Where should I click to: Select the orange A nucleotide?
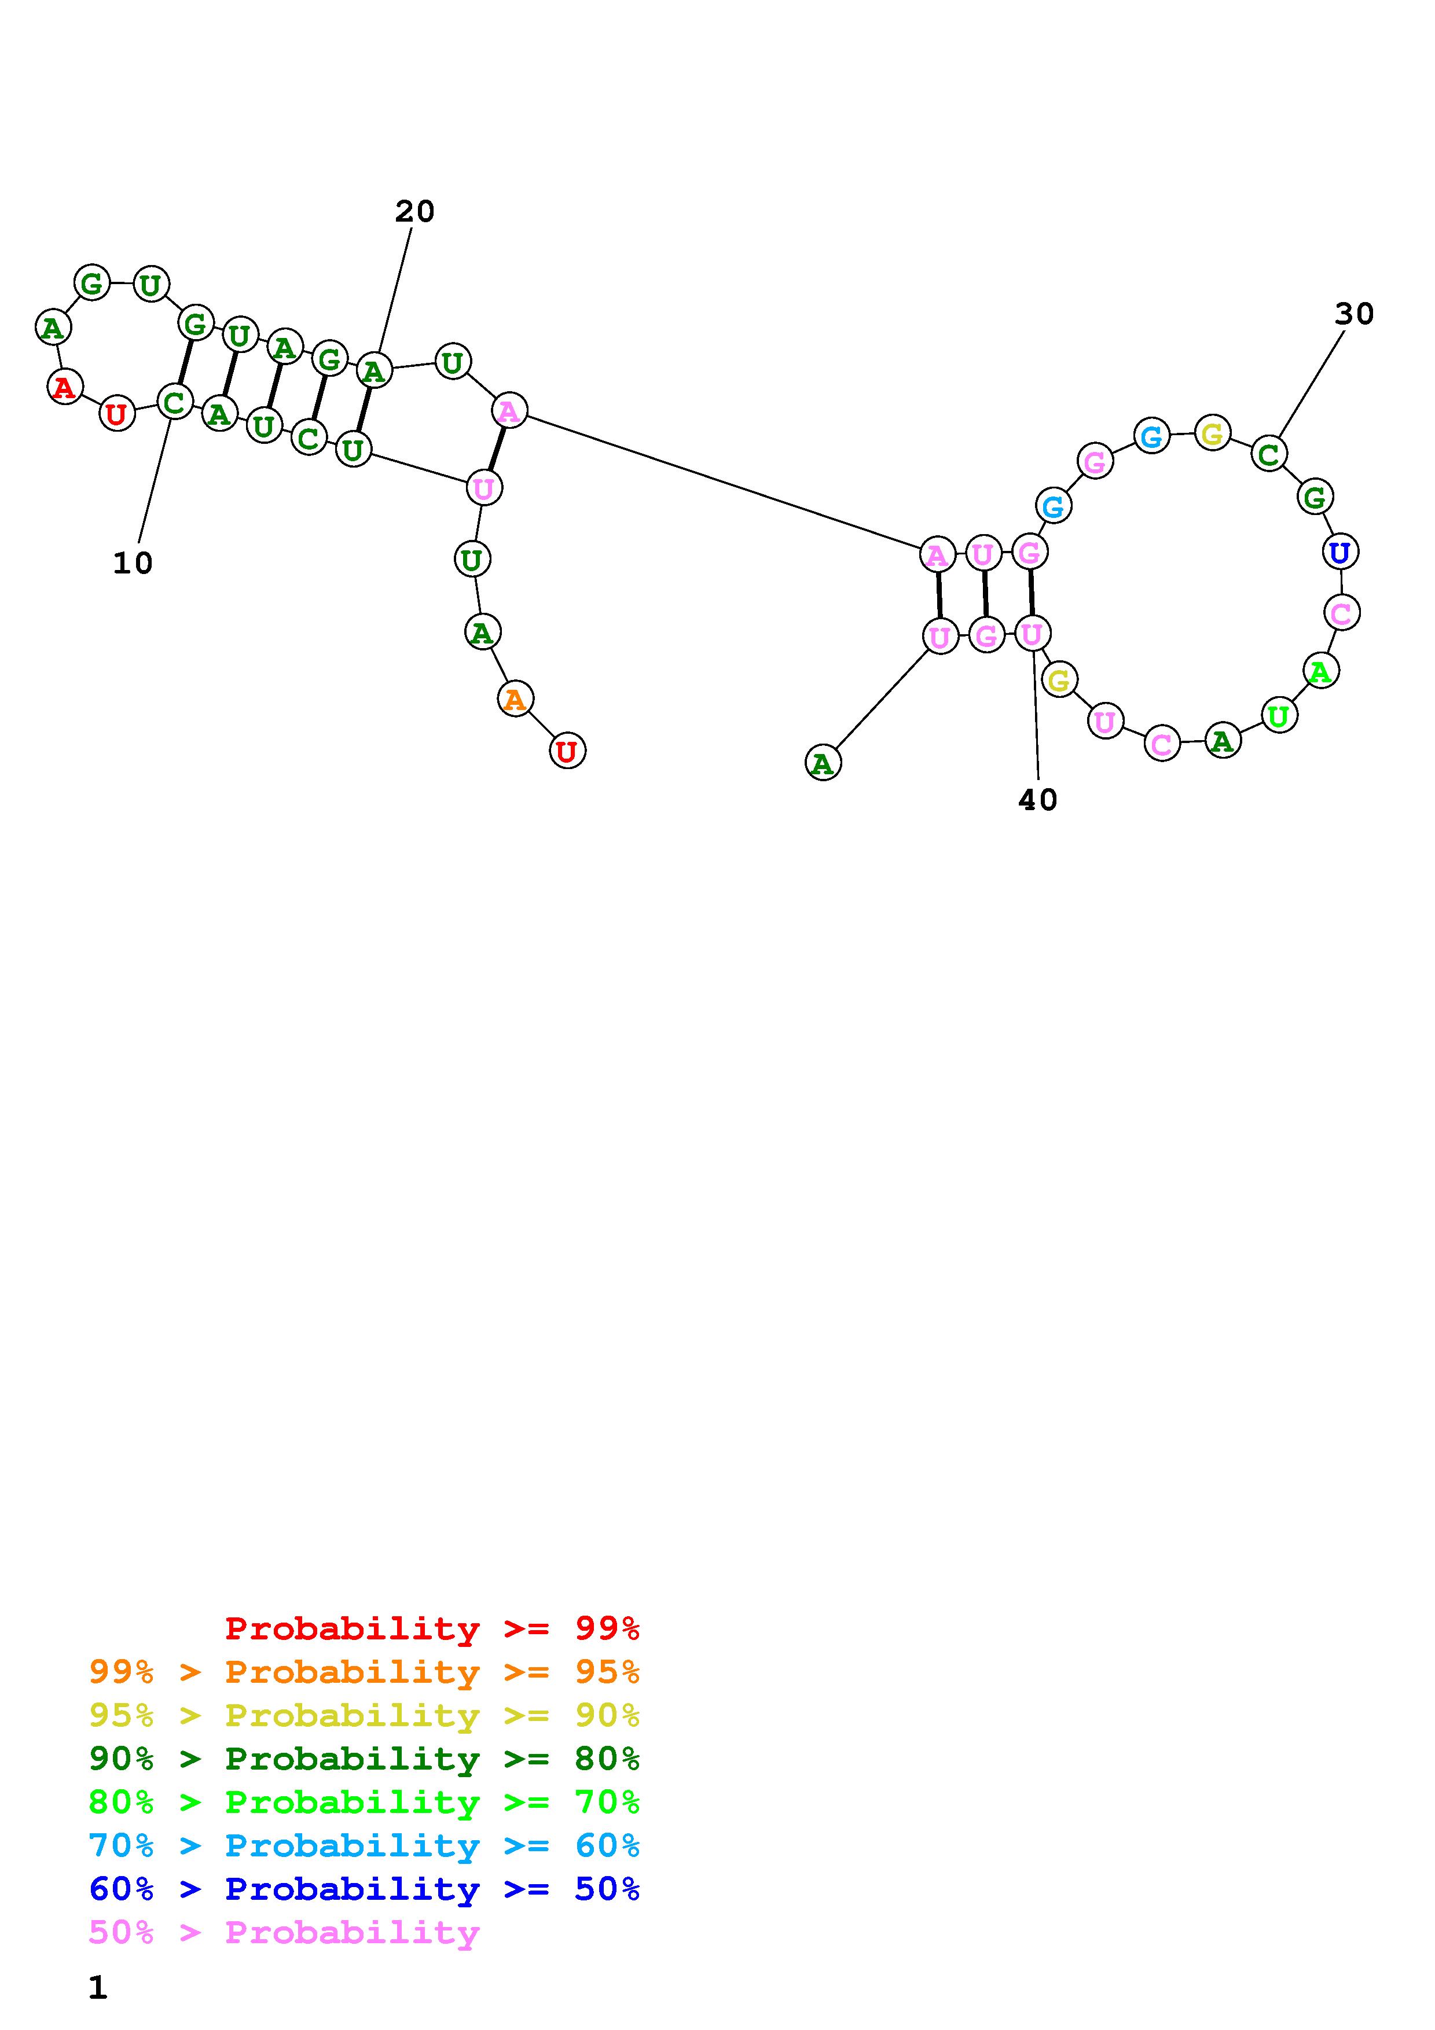pyautogui.click(x=515, y=700)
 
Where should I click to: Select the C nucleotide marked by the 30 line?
pyautogui.click(x=1269, y=454)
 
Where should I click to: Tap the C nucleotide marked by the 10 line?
pyautogui.click(x=174, y=402)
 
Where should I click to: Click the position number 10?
pyautogui.click(x=133, y=563)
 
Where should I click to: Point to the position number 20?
pyautogui.click(x=414, y=211)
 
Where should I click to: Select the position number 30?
pyautogui.click(x=1353, y=314)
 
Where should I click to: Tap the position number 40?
pyautogui.click(x=1038, y=800)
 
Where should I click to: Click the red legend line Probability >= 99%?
pyautogui.click(x=432, y=1628)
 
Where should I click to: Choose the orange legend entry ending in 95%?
pyautogui.click(x=364, y=1672)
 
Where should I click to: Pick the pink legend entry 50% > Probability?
pyautogui.click(x=284, y=1933)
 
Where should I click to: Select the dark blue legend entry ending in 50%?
pyautogui.click(x=364, y=1889)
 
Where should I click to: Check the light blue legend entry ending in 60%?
pyautogui.click(x=364, y=1845)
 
